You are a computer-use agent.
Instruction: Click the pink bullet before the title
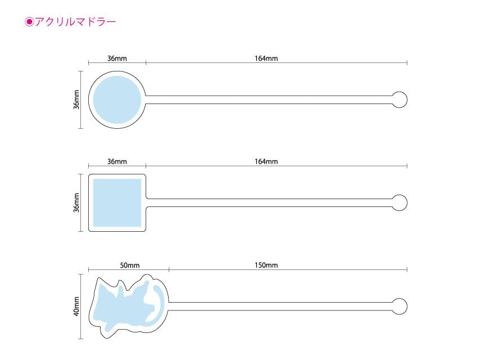point(29,22)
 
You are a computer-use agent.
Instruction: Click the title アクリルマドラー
point(75,22)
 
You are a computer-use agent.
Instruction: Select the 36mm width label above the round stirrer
point(117,58)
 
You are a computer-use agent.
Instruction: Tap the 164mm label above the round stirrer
point(266,58)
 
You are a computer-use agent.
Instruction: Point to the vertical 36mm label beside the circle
point(76,100)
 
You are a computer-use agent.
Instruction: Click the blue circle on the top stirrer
point(117,100)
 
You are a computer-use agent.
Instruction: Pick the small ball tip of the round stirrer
point(399,100)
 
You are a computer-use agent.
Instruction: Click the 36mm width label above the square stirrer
point(117,161)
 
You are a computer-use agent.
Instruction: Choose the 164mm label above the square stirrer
point(266,161)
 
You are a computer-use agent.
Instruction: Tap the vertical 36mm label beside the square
point(76,202)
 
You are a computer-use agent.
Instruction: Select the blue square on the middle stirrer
point(117,202)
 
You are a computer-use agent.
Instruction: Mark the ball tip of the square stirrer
point(399,202)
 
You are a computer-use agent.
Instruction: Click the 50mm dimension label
point(129,265)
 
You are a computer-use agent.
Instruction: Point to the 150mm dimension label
point(266,265)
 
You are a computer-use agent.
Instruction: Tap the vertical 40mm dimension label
point(76,307)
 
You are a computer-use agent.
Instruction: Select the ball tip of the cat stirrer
point(399,307)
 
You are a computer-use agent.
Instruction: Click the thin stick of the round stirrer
point(269,100)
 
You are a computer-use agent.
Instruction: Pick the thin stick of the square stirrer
point(269,202)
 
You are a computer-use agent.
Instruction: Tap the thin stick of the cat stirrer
point(280,307)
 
